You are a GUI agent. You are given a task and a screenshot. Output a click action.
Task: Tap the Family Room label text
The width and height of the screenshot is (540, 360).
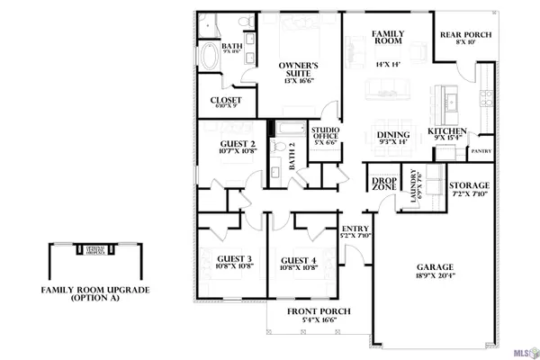click(x=389, y=40)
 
